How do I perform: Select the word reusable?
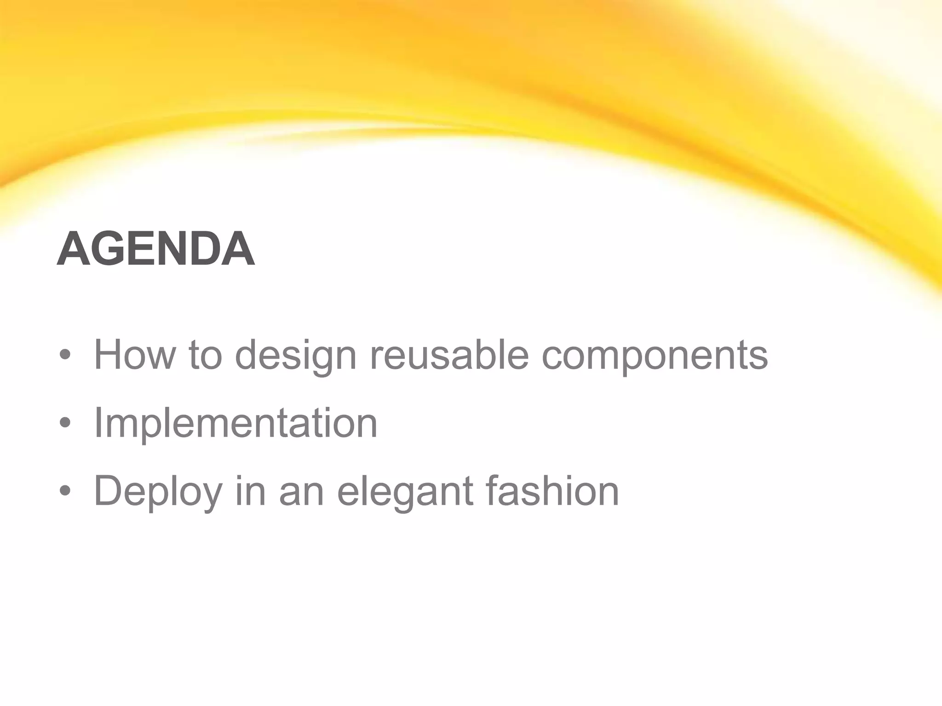point(449,354)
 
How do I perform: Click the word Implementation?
point(235,423)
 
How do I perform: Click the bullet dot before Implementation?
point(65,422)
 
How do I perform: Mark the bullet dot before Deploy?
point(65,490)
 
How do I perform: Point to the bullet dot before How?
point(65,354)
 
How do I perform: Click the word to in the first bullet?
point(206,354)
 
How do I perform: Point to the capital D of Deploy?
point(109,490)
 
